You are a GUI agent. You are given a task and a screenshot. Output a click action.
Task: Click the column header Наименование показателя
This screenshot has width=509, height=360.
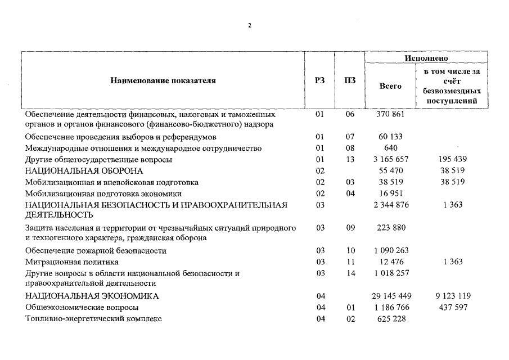coord(163,81)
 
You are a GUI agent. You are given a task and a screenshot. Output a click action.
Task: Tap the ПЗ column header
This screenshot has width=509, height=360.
coord(350,81)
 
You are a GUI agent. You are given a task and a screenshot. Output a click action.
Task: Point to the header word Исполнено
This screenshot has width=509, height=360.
coord(426,58)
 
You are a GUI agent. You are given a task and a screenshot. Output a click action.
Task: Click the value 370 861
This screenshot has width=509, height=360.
coord(390,114)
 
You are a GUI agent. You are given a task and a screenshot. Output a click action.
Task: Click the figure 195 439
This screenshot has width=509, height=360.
coord(452,160)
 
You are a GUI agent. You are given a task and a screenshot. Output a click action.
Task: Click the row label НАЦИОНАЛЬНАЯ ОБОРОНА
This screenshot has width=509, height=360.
coord(84,171)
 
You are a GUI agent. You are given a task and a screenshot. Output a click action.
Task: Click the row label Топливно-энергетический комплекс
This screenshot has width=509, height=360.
coord(93,319)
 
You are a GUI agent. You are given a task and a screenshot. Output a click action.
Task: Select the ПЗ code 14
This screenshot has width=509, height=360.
coord(350,273)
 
